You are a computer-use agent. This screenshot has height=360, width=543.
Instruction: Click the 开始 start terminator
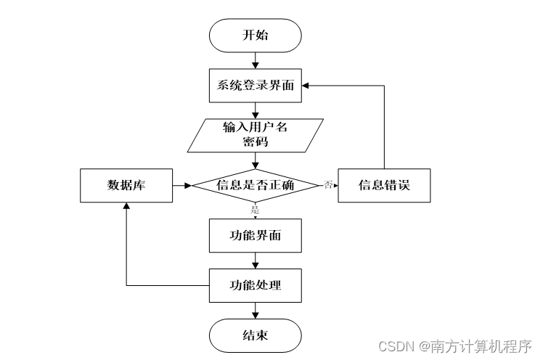pyautogui.click(x=256, y=36)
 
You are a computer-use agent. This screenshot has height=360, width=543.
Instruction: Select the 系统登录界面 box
pyautogui.click(x=256, y=86)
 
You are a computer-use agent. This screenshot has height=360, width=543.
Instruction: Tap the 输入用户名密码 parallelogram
pyautogui.click(x=256, y=135)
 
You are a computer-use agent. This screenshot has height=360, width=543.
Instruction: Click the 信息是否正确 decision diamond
pyautogui.click(x=256, y=186)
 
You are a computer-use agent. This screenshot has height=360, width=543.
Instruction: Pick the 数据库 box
pyautogui.click(x=126, y=186)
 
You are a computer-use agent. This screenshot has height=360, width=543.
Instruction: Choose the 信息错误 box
pyautogui.click(x=384, y=186)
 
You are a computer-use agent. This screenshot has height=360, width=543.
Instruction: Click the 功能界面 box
pyautogui.click(x=256, y=235)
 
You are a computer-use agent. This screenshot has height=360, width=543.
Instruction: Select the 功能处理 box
pyautogui.click(x=256, y=285)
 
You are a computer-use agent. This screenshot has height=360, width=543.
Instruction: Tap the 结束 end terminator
pyautogui.click(x=256, y=335)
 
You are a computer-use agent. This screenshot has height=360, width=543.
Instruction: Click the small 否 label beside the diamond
pyautogui.click(x=328, y=185)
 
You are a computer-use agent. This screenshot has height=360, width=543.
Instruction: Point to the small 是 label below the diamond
pyautogui.click(x=256, y=210)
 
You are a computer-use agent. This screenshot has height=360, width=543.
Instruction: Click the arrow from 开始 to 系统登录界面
pyautogui.click(x=256, y=60)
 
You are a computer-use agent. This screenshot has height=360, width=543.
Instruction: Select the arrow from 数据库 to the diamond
pyautogui.click(x=182, y=186)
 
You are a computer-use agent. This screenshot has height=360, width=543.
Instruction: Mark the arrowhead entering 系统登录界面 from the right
pyautogui.click(x=305, y=86)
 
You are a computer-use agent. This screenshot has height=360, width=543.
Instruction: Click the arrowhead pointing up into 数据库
pyautogui.click(x=126, y=206)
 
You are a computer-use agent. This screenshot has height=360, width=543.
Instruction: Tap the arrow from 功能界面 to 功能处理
pyautogui.click(x=256, y=261)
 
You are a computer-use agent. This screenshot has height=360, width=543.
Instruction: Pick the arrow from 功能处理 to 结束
pyautogui.click(x=256, y=311)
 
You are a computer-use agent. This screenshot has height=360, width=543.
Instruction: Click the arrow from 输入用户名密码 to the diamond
pyautogui.click(x=256, y=160)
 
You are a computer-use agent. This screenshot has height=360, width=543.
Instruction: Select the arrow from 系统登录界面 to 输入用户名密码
pyautogui.click(x=256, y=111)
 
